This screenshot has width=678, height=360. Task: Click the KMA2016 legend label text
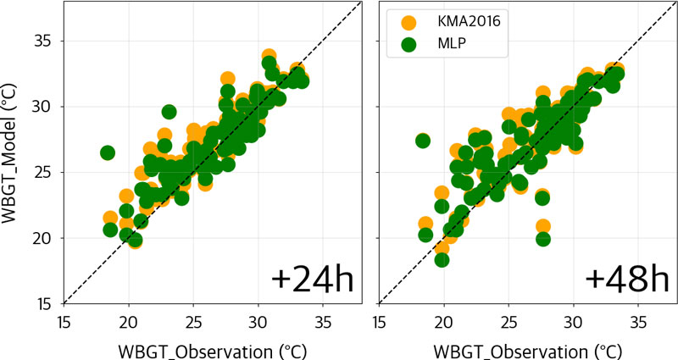point(469,21)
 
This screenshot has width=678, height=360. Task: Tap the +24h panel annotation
point(312,280)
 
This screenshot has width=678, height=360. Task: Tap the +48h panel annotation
point(627,280)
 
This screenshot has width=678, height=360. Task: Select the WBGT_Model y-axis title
point(9,154)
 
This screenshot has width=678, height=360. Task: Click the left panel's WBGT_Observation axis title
point(213,352)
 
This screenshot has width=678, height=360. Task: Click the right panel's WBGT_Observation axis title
point(527,352)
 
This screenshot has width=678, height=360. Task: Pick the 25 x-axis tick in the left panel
point(193,323)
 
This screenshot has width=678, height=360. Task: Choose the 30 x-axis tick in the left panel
point(258,323)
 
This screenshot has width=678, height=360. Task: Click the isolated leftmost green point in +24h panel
point(108,152)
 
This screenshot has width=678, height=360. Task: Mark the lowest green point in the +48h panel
point(442,260)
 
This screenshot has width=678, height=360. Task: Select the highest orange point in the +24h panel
point(269,56)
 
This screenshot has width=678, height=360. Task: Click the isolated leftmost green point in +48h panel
point(422,141)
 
